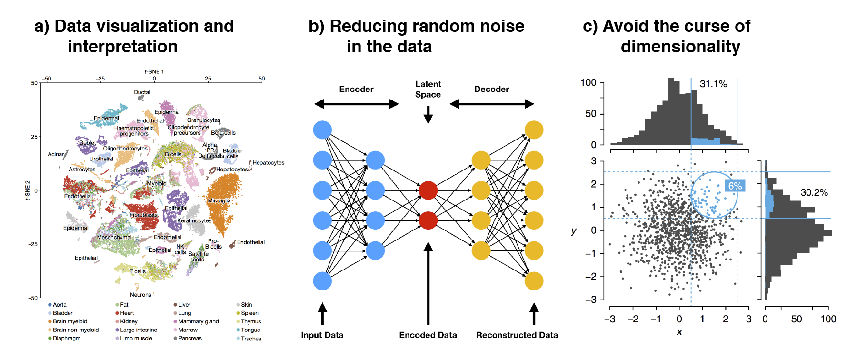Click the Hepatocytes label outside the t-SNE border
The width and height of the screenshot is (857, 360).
coord(268,163)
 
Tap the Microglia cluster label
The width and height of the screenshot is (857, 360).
coord(219,200)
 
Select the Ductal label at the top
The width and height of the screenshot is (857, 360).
coord(142,92)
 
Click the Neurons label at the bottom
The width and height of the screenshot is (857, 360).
coord(140,295)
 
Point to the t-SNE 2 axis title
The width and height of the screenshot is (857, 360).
coord(28,190)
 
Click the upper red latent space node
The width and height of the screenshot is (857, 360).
coord(428,190)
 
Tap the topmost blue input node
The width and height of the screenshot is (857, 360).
coord(322,130)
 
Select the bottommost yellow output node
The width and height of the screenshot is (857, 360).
coord(534,281)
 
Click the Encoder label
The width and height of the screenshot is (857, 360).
coord(356,89)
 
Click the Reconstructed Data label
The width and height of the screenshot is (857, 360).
coord(517,335)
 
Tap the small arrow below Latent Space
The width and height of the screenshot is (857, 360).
coord(428,114)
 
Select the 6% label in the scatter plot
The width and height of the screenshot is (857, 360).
coord(735,186)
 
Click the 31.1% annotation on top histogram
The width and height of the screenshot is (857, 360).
coord(713,84)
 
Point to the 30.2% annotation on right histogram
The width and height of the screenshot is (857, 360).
coord(814,193)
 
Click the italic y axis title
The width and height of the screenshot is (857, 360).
coord(574,231)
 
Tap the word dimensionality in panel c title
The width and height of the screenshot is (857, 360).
coord(680,47)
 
